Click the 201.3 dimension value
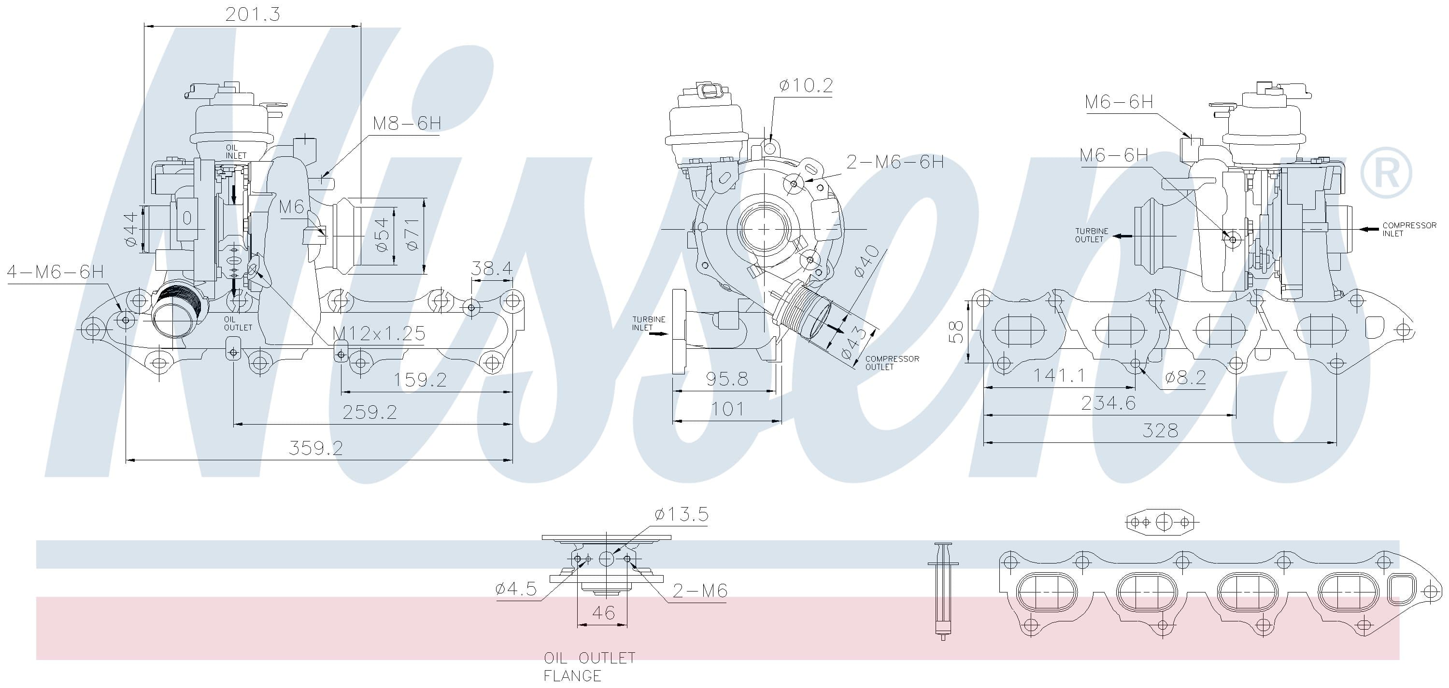coord(253,14)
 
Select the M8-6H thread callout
coord(407,124)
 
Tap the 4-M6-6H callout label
coord(55,272)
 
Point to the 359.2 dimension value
coord(315,448)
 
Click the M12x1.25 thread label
coord(379,333)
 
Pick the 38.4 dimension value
coord(492,269)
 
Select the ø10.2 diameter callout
coord(806,85)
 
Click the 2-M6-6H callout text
coord(895,162)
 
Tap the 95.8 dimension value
coord(727,379)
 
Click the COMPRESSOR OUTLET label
coord(892,362)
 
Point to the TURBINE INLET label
coord(648,323)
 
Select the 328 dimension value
coord(1160,430)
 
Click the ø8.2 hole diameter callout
coord(1186,378)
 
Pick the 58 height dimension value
coord(956,331)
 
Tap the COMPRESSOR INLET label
coord(1409,229)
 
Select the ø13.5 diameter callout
coord(681,514)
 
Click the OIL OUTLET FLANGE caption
coord(589,666)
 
